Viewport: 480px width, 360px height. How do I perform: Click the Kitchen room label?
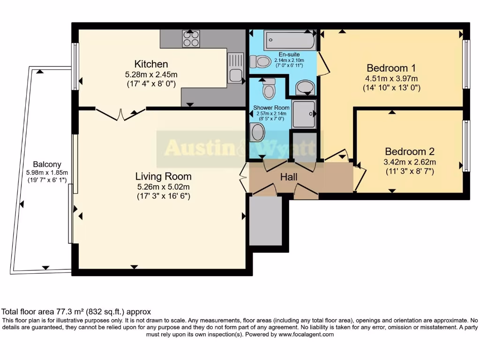click(x=151, y=64)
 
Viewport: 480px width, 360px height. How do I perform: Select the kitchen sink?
click(x=235, y=68)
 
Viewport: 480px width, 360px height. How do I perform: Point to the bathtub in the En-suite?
click(x=289, y=41)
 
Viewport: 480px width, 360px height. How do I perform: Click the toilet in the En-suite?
click(x=261, y=61)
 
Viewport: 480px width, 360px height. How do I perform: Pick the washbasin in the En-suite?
click(x=306, y=87)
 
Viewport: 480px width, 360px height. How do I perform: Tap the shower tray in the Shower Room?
click(x=304, y=114)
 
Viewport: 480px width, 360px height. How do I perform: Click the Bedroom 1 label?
click(x=391, y=67)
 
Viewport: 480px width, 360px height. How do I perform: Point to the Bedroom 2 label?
click(x=409, y=151)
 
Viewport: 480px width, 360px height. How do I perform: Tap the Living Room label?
click(x=163, y=177)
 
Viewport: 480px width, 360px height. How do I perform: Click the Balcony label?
click(x=47, y=165)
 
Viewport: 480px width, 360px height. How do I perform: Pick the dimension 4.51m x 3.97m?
click(x=391, y=78)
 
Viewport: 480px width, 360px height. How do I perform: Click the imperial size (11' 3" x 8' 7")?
click(x=409, y=171)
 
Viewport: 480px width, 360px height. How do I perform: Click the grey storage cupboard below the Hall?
click(x=265, y=221)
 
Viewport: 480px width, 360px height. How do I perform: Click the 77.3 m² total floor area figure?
click(x=67, y=311)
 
